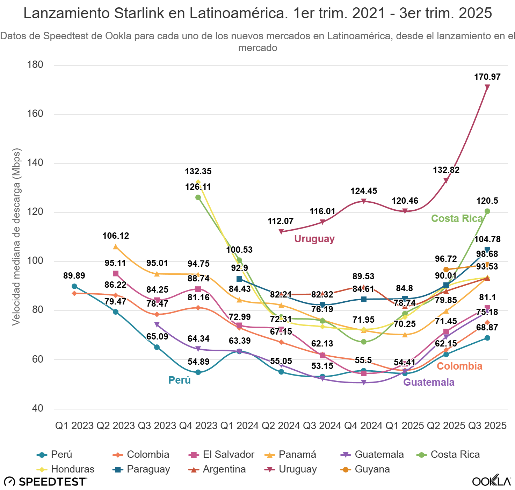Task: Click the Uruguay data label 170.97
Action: tap(487, 77)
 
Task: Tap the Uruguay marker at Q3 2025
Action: tap(487, 87)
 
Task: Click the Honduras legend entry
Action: tap(66, 469)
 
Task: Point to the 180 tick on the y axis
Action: tap(35, 65)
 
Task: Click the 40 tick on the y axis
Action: tap(37, 408)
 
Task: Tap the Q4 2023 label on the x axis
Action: tap(198, 426)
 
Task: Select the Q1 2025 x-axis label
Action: tap(405, 426)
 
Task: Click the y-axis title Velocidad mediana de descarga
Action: tap(16, 237)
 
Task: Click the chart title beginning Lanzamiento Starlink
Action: tap(257, 13)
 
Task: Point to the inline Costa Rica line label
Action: tap(457, 218)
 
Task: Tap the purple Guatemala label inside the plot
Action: tap(429, 382)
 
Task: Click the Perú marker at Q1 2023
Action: tap(74, 286)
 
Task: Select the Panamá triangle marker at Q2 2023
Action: tap(116, 247)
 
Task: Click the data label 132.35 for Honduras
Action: tap(198, 171)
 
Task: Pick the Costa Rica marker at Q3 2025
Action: tap(487, 211)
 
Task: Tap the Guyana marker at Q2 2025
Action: tap(446, 269)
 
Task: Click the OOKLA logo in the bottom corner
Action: tap(491, 481)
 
